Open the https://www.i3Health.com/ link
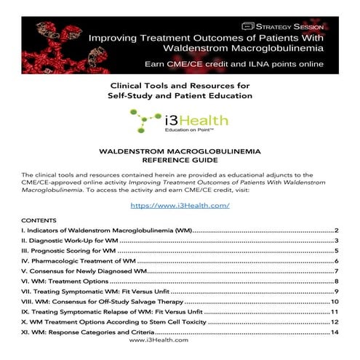(180, 205)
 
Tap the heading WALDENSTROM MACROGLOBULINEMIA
(179, 151)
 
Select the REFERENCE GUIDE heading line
(179, 160)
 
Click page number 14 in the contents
(335, 332)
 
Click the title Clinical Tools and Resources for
(180, 85)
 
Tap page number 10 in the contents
(335, 301)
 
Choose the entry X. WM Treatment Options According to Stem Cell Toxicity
(113, 321)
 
